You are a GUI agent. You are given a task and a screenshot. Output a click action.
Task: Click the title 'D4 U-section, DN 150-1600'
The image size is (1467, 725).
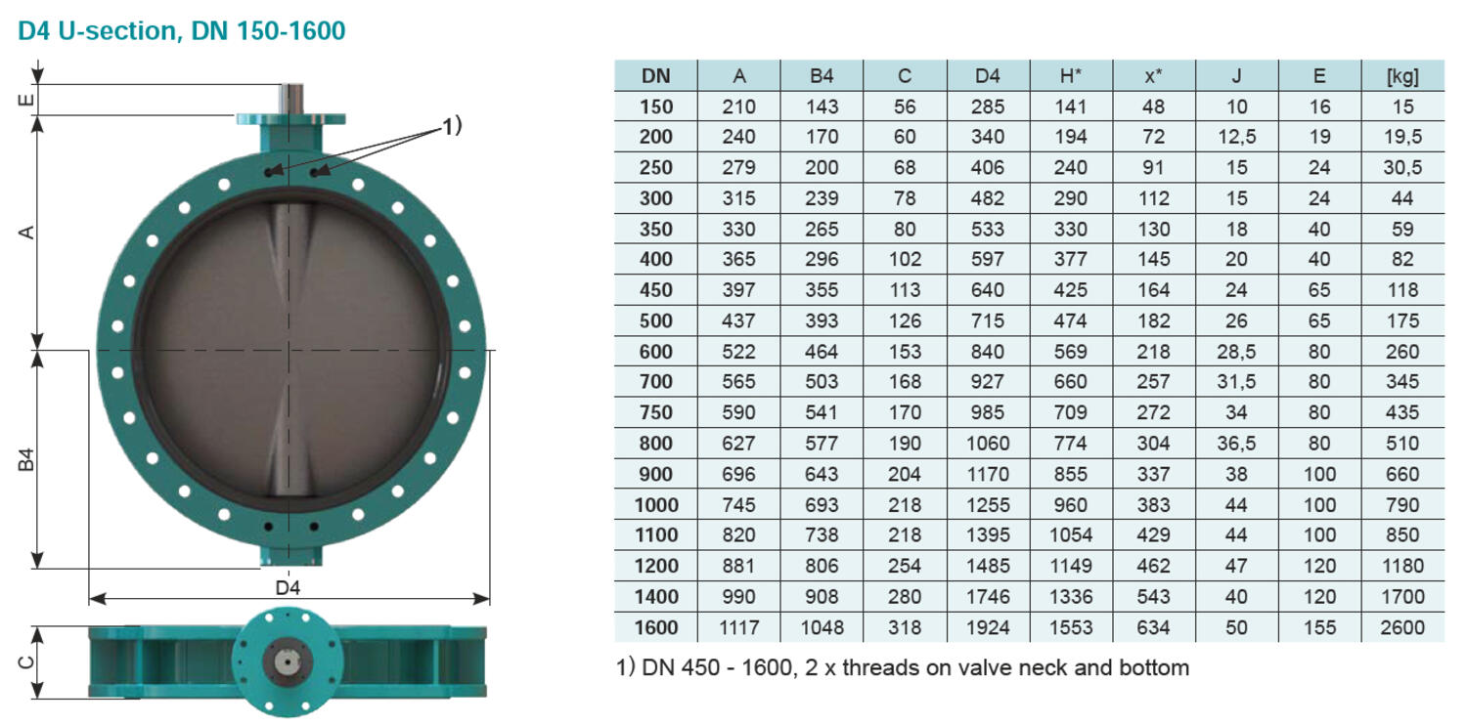[x=182, y=31]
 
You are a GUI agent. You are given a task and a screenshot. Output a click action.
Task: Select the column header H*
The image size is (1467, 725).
[x=1071, y=76]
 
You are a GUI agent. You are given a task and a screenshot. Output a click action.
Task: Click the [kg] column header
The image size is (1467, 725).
[x=1401, y=76]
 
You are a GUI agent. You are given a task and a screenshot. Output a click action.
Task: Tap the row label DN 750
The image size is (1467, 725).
[x=656, y=412]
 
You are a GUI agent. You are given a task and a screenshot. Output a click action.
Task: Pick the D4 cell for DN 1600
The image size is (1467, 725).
[x=988, y=627]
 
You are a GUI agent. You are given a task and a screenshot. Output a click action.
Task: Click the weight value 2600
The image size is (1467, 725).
[x=1401, y=627]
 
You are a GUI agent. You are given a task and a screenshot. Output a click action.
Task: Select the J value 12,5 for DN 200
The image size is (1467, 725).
[x=1236, y=137]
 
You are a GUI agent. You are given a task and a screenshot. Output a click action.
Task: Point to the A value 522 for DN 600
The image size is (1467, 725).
[x=738, y=352]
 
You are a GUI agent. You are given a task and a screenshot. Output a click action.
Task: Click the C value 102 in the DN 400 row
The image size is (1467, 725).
[x=905, y=260]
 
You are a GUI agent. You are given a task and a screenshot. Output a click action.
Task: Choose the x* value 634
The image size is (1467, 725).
[x=1154, y=627]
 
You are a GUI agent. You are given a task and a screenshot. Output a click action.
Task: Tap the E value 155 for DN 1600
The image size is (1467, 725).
[x=1319, y=627]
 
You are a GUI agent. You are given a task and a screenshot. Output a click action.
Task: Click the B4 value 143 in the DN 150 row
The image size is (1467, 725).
[x=822, y=107]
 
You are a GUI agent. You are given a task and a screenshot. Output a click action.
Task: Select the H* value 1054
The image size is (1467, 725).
[x=1071, y=535]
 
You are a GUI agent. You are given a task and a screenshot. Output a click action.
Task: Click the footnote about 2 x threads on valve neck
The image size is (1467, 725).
[x=902, y=668]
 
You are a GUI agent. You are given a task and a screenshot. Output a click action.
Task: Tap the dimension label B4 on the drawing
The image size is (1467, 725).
[x=28, y=459]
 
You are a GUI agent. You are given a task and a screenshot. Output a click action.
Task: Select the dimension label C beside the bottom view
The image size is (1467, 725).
[x=28, y=662]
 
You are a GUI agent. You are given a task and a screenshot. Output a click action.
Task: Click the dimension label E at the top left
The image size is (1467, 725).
[x=28, y=99]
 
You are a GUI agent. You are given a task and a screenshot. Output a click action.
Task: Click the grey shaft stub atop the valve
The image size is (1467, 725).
[x=290, y=98]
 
